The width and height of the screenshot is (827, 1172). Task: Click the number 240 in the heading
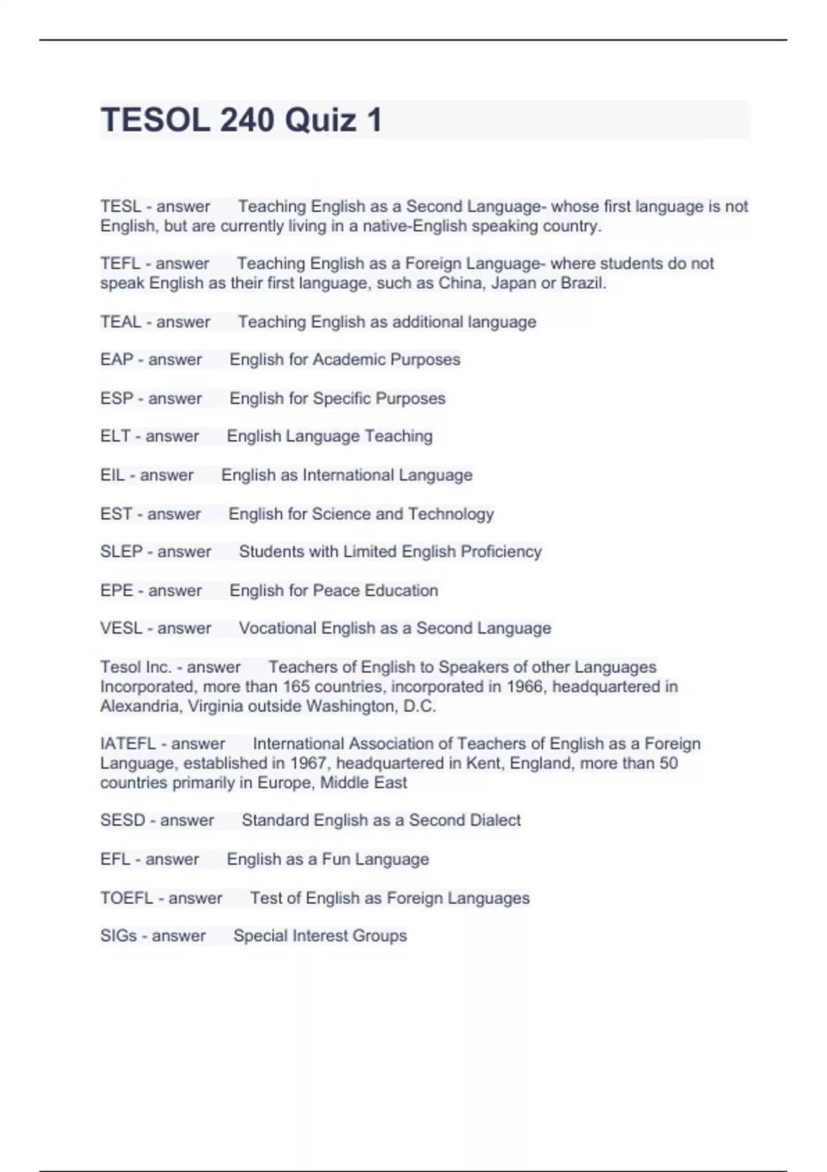point(247,121)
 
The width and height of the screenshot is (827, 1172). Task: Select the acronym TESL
point(121,206)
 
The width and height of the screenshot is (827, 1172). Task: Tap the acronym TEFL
point(120,263)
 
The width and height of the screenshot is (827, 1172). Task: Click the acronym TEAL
point(121,322)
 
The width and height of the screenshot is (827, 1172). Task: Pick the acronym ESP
point(116,398)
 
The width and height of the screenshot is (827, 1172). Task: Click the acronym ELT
point(115,436)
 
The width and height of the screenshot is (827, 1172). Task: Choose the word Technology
point(451,514)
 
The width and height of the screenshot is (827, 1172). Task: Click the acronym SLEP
point(121,552)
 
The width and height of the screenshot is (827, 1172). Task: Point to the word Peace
point(336,590)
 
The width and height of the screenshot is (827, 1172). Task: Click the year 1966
point(524,687)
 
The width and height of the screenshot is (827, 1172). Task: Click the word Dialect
point(493,820)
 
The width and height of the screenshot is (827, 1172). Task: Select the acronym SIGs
point(118,936)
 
